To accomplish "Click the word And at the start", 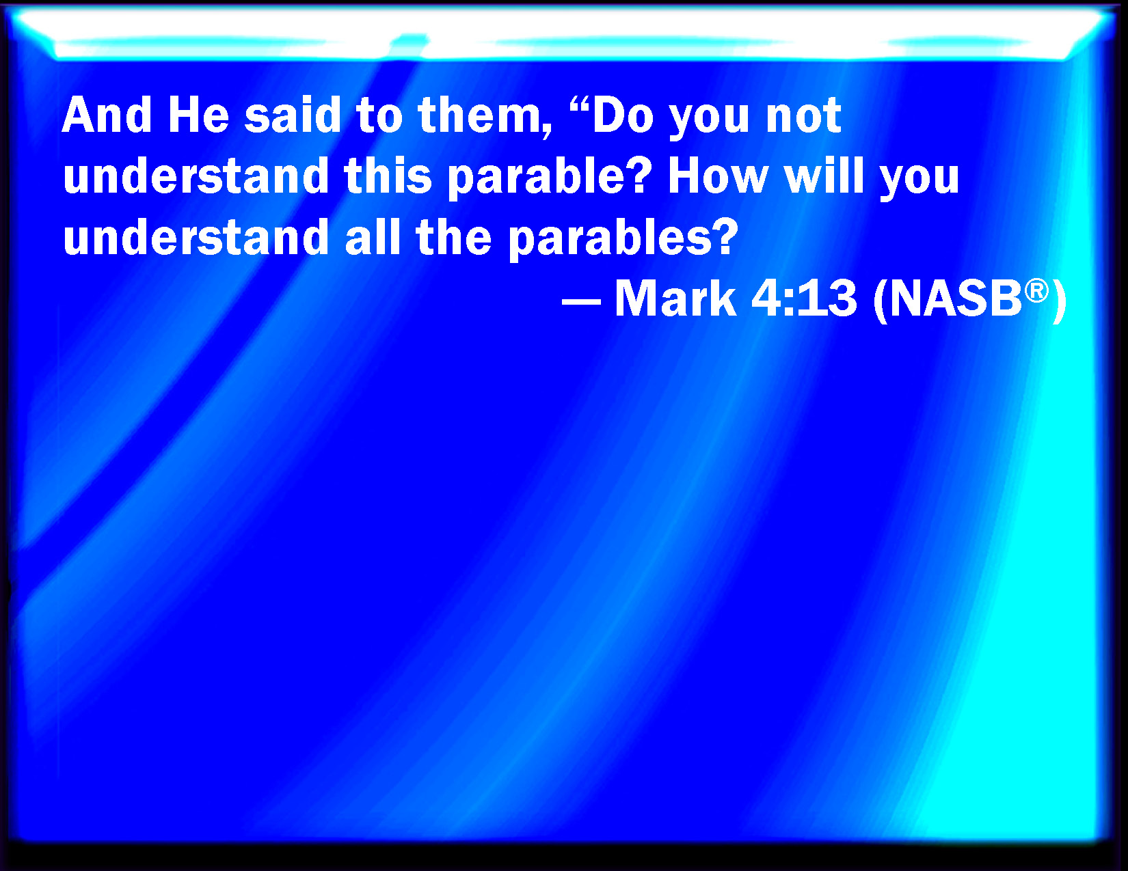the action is click(107, 115).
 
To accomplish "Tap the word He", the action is click(198, 115).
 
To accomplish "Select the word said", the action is click(292, 115).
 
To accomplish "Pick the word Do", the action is click(623, 115).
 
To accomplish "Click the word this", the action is click(387, 176).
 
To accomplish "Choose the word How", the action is click(718, 176).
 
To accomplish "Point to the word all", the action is click(373, 237).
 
